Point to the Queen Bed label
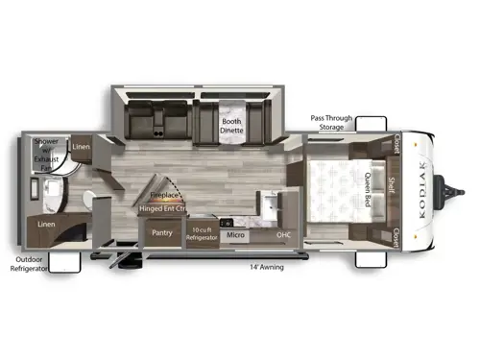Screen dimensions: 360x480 click(x=367, y=188)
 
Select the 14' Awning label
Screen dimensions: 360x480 click(x=268, y=266)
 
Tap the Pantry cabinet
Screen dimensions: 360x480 click(x=160, y=231)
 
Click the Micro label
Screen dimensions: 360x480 click(x=234, y=233)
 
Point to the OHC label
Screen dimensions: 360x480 click(x=284, y=232)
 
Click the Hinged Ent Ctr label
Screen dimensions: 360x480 click(x=160, y=207)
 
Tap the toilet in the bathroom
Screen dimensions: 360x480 click(x=89, y=199)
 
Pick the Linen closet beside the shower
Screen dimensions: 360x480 click(x=81, y=148)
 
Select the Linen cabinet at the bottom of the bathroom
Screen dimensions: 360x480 click(x=46, y=224)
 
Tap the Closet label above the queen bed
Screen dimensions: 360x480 click(x=396, y=144)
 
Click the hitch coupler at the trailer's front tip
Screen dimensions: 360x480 click(x=457, y=185)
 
